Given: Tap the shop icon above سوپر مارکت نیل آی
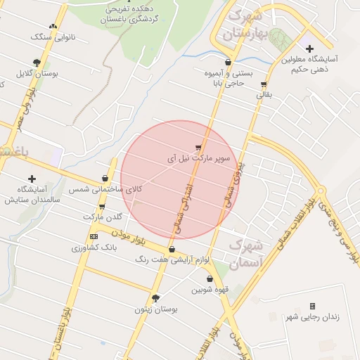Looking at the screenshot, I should [x=199, y=148].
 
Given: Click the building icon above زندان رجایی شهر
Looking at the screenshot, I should [x=312, y=306].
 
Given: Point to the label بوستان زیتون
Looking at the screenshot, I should [x=159, y=309].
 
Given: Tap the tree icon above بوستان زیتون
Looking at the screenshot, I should [x=155, y=298].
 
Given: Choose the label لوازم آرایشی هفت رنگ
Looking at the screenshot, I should [x=172, y=260].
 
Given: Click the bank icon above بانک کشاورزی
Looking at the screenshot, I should [x=94, y=236].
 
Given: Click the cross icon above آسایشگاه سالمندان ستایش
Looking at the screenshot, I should [x=32, y=179].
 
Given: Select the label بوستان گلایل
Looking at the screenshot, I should [x=37, y=72].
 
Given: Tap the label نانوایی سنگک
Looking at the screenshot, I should [x=51, y=36].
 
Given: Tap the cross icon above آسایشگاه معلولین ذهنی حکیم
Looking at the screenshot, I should [x=309, y=48].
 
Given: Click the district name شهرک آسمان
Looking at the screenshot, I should [x=246, y=254].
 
